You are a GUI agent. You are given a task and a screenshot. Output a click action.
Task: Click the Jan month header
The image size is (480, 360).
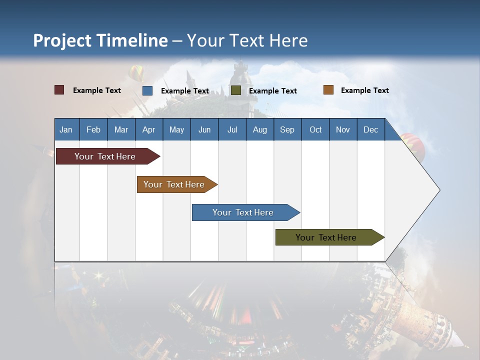[x=66, y=129]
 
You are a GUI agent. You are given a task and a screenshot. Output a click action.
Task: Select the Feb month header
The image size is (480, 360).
[x=93, y=129]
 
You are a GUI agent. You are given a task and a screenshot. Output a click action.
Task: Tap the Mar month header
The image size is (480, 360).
[x=121, y=129]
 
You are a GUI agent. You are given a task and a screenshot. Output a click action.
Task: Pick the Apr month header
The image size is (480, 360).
[x=149, y=129]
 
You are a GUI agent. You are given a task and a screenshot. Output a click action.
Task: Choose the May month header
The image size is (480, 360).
[x=176, y=129]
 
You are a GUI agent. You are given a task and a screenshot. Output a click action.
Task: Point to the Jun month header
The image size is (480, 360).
[x=204, y=129]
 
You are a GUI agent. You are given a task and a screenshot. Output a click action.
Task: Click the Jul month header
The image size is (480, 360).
[x=232, y=129]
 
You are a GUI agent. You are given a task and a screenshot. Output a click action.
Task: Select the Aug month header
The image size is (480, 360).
[x=260, y=129]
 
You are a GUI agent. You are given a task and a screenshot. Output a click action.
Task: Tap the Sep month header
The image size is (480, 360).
[x=287, y=129]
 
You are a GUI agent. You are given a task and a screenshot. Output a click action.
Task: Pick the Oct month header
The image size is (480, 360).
[x=315, y=129]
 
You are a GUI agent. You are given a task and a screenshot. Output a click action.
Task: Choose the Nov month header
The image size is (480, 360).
[x=343, y=129]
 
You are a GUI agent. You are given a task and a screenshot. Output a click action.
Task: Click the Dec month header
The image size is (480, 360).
[x=371, y=129]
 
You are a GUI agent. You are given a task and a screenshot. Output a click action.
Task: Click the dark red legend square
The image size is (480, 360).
[x=59, y=90]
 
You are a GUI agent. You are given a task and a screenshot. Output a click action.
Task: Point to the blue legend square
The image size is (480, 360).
[x=147, y=90]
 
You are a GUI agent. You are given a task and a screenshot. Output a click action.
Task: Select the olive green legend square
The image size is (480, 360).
[x=236, y=90]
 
